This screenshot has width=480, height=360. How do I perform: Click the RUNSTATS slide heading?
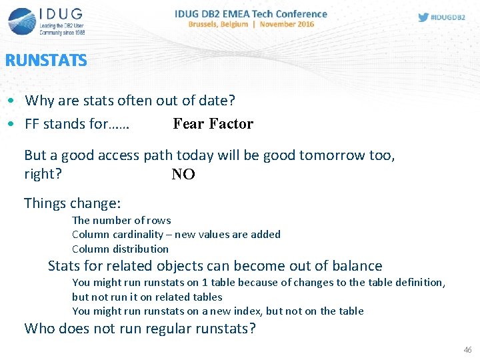click(46, 61)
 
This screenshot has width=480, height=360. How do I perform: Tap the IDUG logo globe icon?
click(21, 21)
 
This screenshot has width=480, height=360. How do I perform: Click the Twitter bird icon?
click(423, 17)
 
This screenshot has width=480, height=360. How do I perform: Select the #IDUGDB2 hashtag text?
click(449, 17)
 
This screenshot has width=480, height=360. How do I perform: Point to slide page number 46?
click(467, 350)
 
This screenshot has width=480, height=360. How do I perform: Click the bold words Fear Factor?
click(213, 123)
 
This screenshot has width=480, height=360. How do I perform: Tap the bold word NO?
click(183, 175)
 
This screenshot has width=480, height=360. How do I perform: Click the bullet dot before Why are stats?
click(13, 101)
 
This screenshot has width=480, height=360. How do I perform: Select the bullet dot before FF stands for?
click(13, 124)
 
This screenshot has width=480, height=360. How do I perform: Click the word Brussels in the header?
click(209, 25)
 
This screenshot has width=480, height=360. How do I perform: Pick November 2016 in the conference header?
click(287, 25)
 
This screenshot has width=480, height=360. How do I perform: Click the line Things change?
click(72, 203)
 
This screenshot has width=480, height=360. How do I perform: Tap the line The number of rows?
click(121, 220)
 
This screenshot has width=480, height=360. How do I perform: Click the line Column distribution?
click(120, 249)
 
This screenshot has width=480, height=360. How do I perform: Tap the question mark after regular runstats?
click(251, 329)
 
